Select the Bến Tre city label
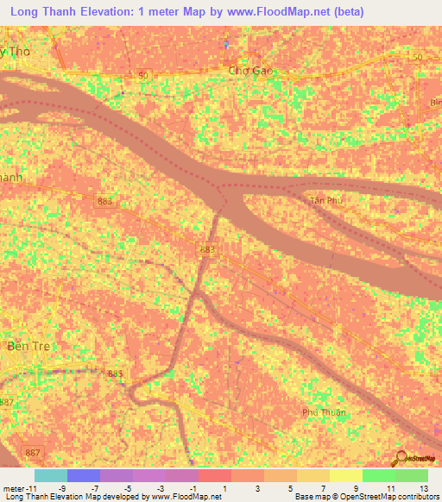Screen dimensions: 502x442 pos(24,346)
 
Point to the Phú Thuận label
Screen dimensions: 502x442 pos(324,412)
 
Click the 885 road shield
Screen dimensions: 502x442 pos(115,373)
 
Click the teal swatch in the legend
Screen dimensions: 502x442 pos(51,475)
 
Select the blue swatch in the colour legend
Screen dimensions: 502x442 pos(84,475)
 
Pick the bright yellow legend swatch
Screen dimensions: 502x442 pos(345,475)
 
